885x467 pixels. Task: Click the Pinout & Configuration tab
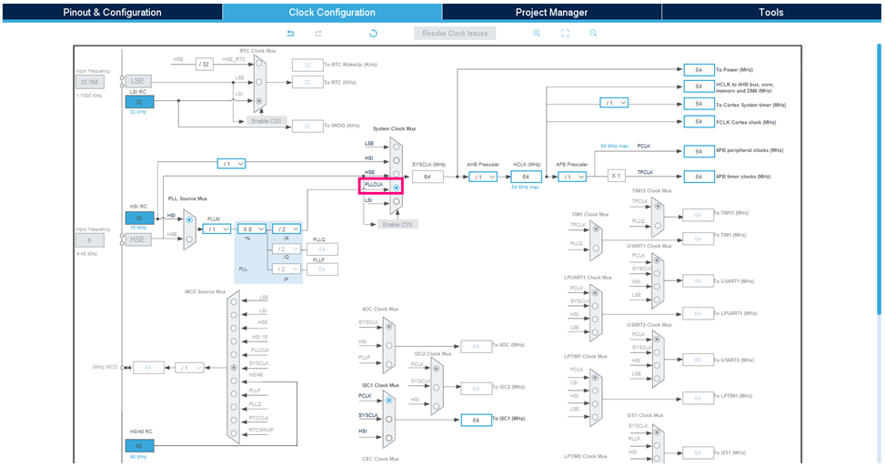[112, 12]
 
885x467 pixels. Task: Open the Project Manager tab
[551, 12]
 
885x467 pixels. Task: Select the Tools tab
[771, 12]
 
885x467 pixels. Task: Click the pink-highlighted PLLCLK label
[374, 185]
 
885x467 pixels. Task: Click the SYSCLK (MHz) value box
[427, 177]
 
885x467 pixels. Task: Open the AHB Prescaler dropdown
[482, 177]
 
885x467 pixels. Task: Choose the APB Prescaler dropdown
[572, 177]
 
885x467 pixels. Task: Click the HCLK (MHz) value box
[526, 177]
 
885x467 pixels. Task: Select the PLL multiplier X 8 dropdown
[252, 228]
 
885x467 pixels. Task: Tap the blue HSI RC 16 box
[139, 218]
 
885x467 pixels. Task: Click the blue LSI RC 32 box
[139, 102]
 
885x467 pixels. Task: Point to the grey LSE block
[137, 81]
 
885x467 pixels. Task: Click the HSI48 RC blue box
[139, 446]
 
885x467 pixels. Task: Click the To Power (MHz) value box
[699, 69]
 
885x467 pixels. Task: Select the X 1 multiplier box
[616, 177]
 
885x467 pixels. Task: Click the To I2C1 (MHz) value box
[476, 420]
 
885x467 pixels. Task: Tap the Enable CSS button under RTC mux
[265, 120]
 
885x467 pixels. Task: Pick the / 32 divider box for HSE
[204, 64]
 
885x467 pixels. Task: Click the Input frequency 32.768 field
[91, 81]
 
